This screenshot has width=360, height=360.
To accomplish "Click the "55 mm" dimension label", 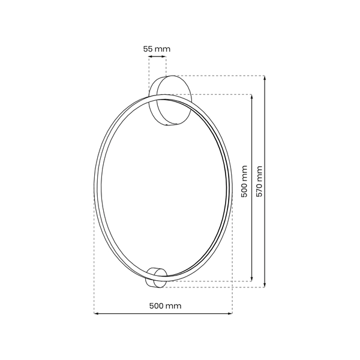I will coord(157,47).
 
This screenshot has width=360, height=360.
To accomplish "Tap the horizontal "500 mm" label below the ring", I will coord(164,305).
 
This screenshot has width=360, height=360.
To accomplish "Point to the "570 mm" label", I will coord(259,181).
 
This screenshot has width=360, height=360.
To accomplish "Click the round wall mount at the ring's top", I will coord(172,100).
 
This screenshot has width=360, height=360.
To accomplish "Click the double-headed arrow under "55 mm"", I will coord(157,57).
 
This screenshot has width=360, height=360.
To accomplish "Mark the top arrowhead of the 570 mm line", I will coord(266,78).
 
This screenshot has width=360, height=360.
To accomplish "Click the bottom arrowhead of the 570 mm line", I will coord(266,284).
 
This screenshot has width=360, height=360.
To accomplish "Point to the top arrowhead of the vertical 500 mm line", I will coord(251,96).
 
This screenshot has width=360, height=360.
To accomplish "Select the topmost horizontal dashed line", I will coord(222,76).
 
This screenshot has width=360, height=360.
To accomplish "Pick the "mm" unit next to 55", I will coord(162,47).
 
